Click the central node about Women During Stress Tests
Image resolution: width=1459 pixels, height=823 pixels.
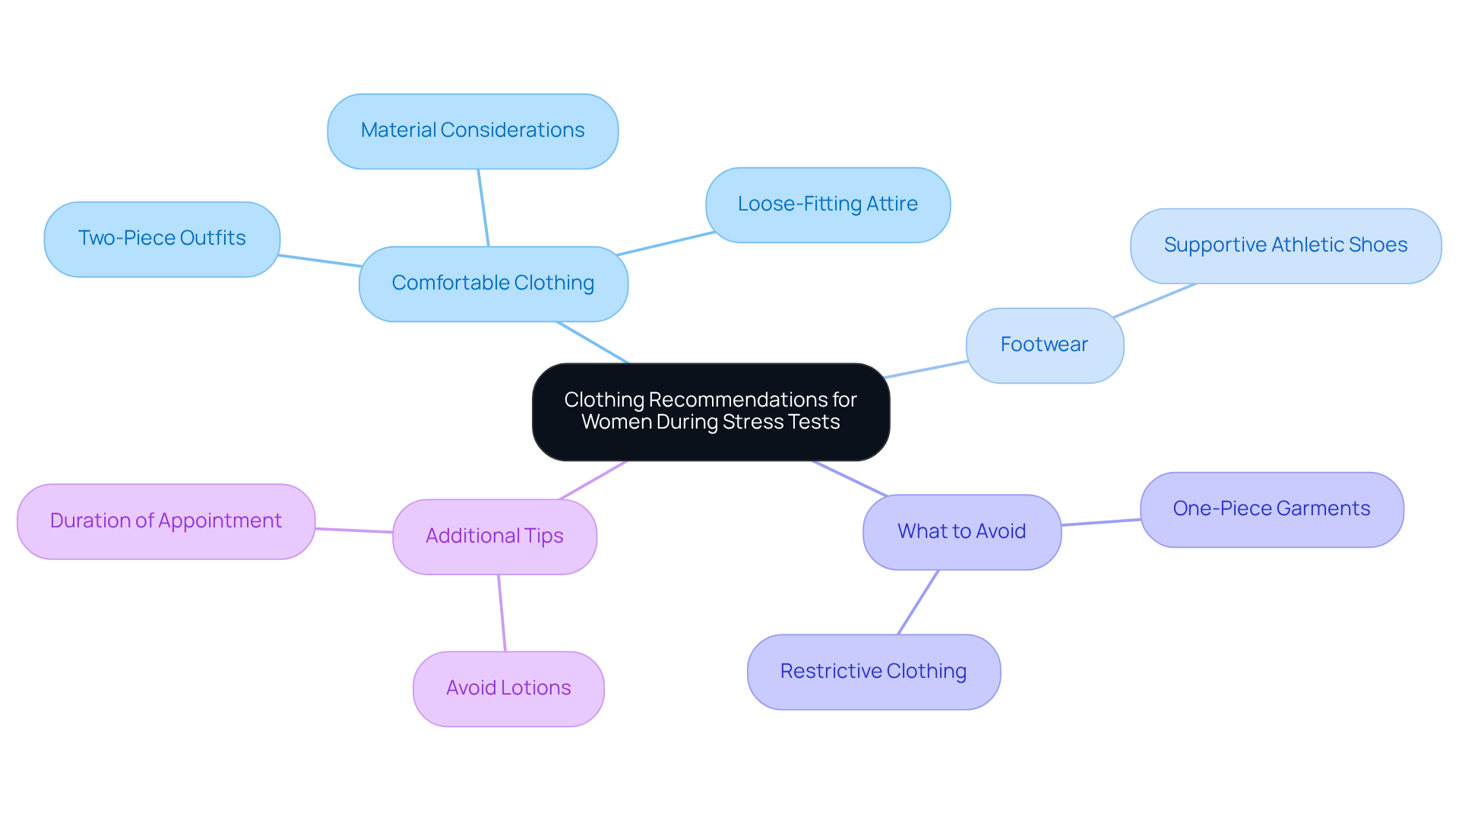point(711,411)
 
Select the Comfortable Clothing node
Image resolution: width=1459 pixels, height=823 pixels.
point(493,283)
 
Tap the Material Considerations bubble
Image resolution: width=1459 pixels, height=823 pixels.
point(473,131)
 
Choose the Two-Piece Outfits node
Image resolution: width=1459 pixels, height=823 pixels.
point(162,239)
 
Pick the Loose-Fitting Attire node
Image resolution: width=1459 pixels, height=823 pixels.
point(828,204)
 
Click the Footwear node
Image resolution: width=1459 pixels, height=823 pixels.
point(1044,345)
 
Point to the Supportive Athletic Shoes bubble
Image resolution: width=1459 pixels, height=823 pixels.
point(1285,245)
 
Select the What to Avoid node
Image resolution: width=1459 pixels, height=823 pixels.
point(961,531)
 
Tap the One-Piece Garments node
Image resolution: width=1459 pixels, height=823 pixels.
point(1271,509)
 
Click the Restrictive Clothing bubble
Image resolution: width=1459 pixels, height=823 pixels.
point(873,672)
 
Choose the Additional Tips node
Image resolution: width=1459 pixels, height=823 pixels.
point(494,537)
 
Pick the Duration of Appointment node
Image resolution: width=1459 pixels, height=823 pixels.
point(166,521)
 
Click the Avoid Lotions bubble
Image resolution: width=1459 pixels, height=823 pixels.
point(508,688)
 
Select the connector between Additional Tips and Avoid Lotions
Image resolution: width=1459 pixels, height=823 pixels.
point(502,613)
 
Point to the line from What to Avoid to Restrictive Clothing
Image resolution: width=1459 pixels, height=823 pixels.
point(918,602)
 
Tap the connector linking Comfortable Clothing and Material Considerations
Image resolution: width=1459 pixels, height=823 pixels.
point(483,207)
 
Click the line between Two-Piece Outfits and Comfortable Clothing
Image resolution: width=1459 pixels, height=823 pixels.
point(319,261)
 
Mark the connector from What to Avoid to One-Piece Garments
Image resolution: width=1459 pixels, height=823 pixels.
point(1100,522)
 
